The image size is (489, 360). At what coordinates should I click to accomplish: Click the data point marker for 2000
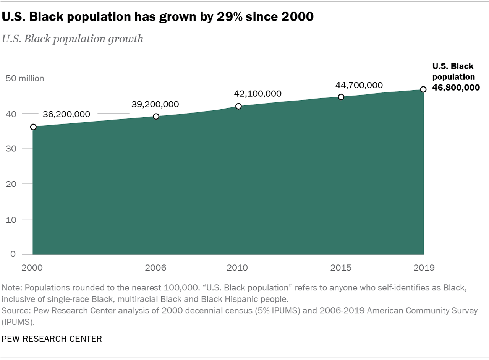click(33, 127)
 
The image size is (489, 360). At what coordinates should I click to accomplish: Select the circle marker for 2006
click(156, 117)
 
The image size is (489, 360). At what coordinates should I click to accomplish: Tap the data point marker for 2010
click(238, 106)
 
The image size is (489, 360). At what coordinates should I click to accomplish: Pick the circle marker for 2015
click(341, 97)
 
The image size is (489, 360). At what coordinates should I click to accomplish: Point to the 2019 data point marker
click(423, 89)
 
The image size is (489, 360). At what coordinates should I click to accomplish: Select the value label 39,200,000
click(155, 104)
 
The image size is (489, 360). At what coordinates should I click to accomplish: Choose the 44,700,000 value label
click(359, 85)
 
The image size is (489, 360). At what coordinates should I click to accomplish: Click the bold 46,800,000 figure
click(456, 88)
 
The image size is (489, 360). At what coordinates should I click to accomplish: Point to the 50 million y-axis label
click(25, 78)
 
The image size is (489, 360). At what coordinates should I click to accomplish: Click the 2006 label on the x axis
click(156, 268)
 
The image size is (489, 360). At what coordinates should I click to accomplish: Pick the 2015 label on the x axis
click(341, 268)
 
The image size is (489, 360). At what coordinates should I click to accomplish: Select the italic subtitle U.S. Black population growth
click(73, 39)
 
